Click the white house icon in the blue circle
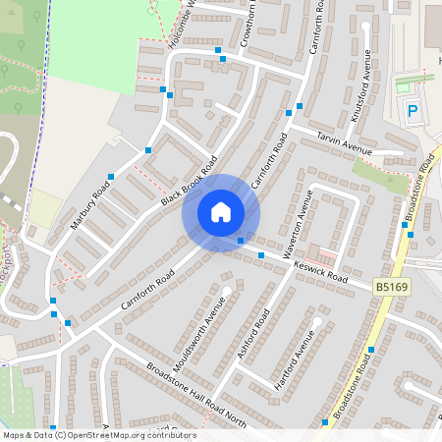click(x=221, y=212)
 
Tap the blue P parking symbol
click(x=413, y=111)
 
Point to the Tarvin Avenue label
click(x=344, y=144)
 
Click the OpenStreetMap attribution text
click(x=98, y=435)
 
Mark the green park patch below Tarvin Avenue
click(x=380, y=175)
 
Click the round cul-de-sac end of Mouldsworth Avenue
click(x=227, y=291)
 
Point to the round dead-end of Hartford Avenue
click(x=316, y=320)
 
